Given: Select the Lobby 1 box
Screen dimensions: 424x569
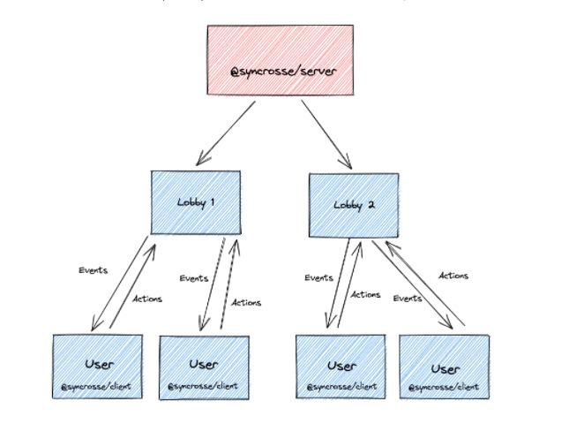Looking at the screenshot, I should [x=196, y=202].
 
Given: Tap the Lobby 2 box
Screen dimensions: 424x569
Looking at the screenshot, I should [x=353, y=205].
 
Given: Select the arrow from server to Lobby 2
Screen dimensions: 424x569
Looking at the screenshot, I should [x=326, y=133].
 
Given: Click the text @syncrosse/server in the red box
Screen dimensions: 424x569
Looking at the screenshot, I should [x=283, y=70].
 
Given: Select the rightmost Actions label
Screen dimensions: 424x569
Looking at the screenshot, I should [x=453, y=276].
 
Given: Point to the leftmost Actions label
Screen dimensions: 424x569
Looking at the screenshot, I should [x=147, y=299].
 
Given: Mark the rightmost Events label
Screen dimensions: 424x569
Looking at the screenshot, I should [x=407, y=299].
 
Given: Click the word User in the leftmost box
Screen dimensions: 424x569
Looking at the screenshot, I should [x=98, y=363].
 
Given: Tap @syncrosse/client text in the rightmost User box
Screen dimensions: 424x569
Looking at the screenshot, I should [x=444, y=387].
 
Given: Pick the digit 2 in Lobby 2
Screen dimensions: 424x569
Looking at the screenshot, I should [x=371, y=205].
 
